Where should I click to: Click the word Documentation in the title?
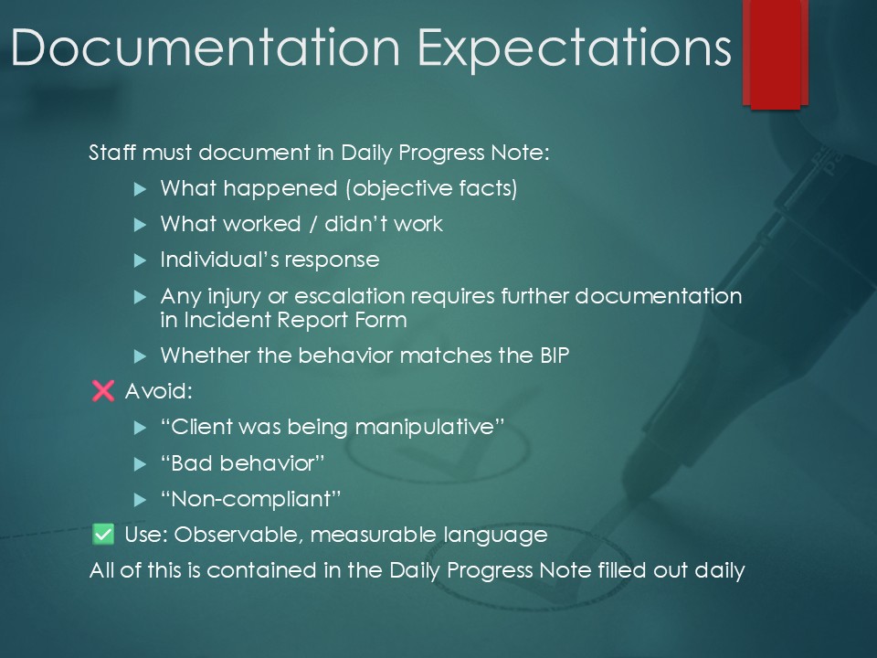click(x=206, y=48)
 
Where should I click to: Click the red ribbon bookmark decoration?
click(x=776, y=54)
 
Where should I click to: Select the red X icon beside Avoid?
click(x=103, y=390)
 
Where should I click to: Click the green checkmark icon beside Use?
click(x=103, y=534)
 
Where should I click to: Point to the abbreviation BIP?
click(x=555, y=356)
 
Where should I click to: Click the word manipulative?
click(x=425, y=428)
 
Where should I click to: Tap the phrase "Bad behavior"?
click(x=243, y=463)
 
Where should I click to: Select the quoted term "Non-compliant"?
click(x=250, y=499)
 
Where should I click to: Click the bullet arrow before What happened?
click(x=140, y=189)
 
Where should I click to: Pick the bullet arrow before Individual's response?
click(x=140, y=260)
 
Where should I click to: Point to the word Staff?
click(x=111, y=153)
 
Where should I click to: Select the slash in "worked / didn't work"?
click(x=313, y=225)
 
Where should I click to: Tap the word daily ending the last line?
click(x=720, y=570)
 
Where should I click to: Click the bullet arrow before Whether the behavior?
click(x=140, y=356)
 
